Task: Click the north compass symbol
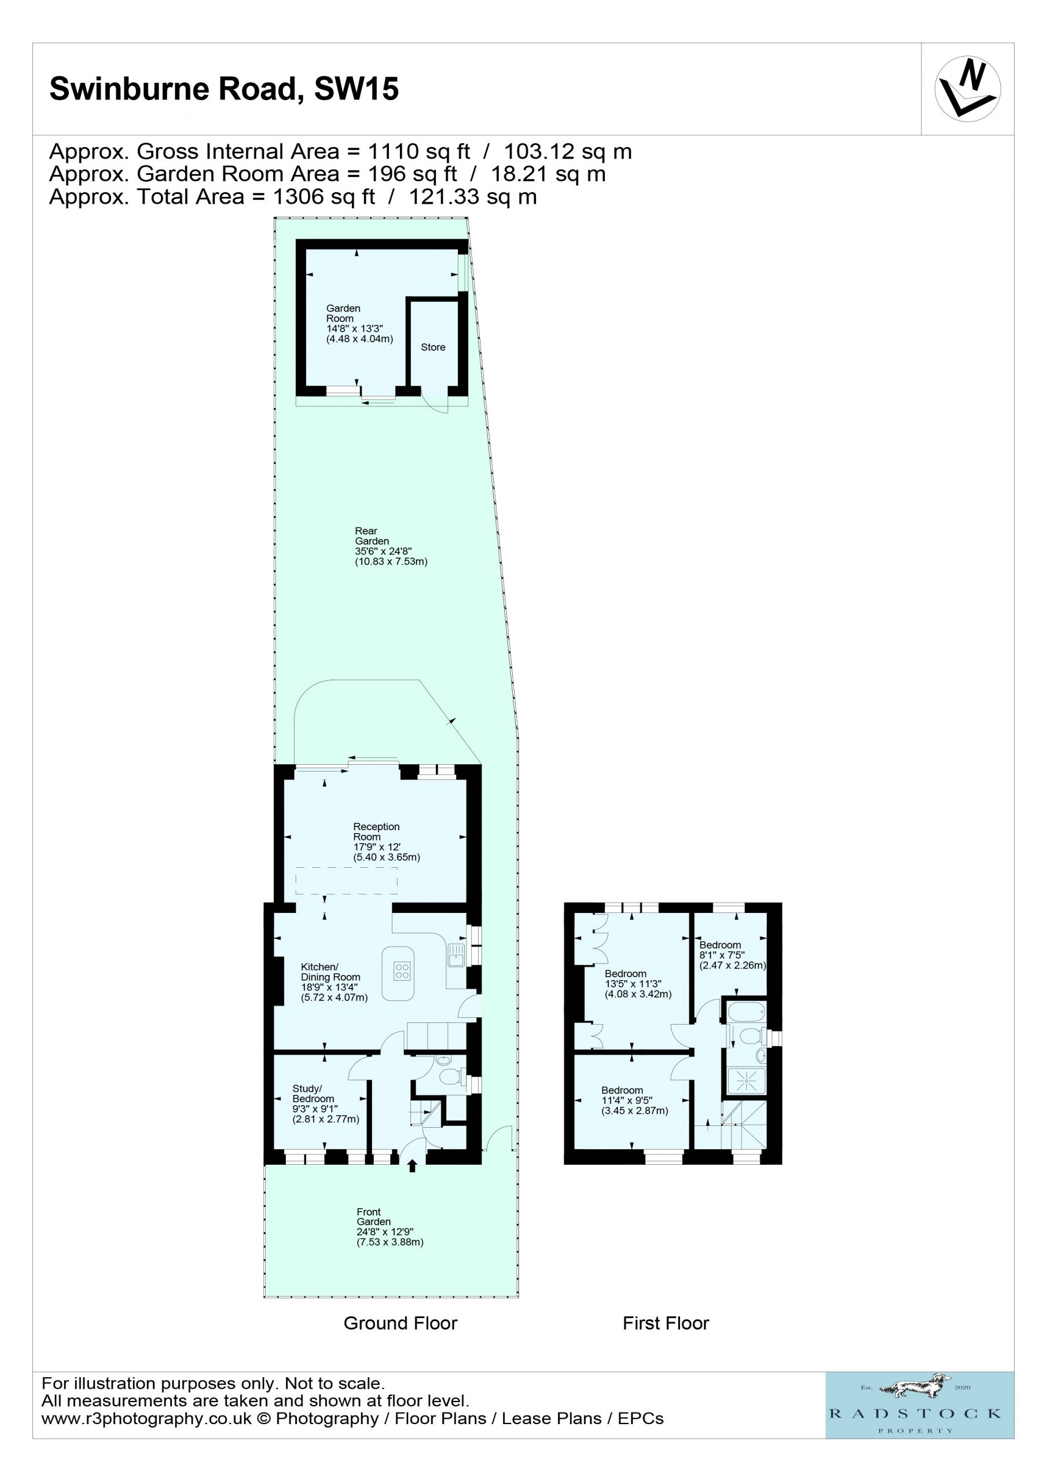pos(967,89)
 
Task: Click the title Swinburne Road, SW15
pos(224,89)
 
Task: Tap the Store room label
pos(432,347)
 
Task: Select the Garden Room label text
pos(359,324)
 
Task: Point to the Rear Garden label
pos(391,546)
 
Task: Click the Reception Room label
pos(386,842)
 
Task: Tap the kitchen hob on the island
pos(402,971)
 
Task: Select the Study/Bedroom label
pos(325,1104)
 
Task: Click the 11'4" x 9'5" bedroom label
pos(634,1101)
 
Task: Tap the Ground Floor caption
pos(400,1323)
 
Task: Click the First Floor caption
pos(666,1323)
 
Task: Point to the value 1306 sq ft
pos(324,196)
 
